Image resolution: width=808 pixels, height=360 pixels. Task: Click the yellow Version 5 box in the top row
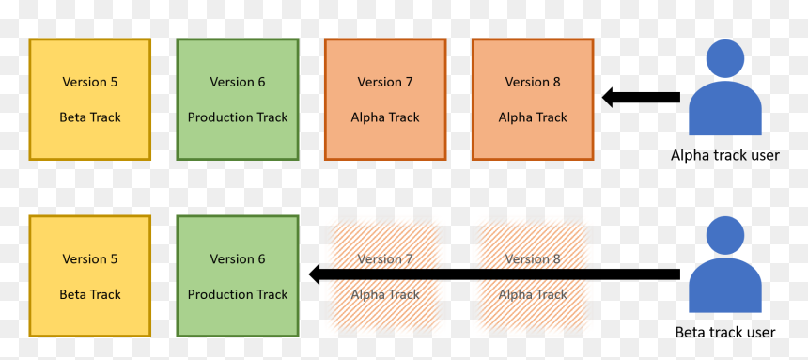(x=89, y=99)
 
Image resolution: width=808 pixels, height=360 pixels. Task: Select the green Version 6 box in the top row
(x=238, y=99)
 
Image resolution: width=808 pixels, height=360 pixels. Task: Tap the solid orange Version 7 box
(x=385, y=99)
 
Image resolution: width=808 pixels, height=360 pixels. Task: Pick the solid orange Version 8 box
(x=533, y=99)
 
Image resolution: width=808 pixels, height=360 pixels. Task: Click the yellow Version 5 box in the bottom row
(x=89, y=276)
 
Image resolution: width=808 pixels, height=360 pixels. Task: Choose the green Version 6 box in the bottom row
(x=238, y=276)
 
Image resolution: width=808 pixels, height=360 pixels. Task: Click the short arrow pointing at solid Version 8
(x=641, y=97)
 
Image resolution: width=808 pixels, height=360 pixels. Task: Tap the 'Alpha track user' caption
(x=725, y=155)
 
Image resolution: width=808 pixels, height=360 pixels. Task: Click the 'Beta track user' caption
(x=725, y=332)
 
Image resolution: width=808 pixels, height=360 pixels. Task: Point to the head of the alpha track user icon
(x=725, y=59)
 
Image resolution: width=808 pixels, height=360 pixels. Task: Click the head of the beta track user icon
(x=725, y=236)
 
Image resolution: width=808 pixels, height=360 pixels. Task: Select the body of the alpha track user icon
(x=725, y=109)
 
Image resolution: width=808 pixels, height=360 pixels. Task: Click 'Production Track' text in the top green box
(x=238, y=117)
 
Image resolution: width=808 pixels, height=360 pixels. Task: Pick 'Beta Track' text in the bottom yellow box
(x=90, y=294)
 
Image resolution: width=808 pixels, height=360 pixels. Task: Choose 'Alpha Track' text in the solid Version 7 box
(x=385, y=117)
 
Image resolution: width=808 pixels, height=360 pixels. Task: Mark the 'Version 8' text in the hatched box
(x=533, y=258)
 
